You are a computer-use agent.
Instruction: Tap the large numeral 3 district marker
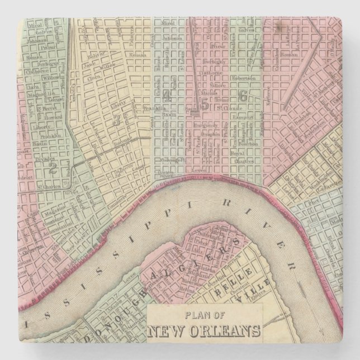tap(116, 119)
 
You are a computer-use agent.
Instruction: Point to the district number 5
tap(205, 103)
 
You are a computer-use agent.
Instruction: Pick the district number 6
tap(243, 96)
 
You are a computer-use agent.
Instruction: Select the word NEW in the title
tap(168, 329)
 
